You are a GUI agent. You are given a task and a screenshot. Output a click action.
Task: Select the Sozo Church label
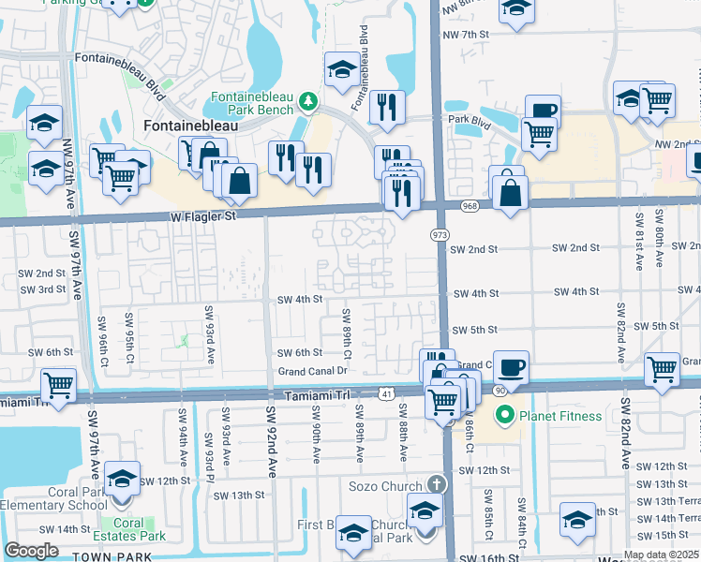[387, 484]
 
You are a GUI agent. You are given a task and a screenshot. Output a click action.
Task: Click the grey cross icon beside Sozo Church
[435, 484]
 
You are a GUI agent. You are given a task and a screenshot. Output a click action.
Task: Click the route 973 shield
[440, 232]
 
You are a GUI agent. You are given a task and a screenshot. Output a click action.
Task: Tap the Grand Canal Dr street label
[313, 372]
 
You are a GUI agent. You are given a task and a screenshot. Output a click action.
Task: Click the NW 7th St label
[470, 35]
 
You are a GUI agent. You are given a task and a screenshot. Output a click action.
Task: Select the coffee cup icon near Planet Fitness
[511, 366]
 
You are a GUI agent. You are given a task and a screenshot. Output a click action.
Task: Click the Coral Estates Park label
[129, 530]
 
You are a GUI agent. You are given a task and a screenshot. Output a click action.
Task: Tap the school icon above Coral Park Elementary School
[123, 479]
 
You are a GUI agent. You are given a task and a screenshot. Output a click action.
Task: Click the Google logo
[32, 551]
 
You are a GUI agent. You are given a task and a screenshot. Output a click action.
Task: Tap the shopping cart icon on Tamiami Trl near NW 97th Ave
[59, 385]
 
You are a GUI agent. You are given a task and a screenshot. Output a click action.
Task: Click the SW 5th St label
[473, 331]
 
